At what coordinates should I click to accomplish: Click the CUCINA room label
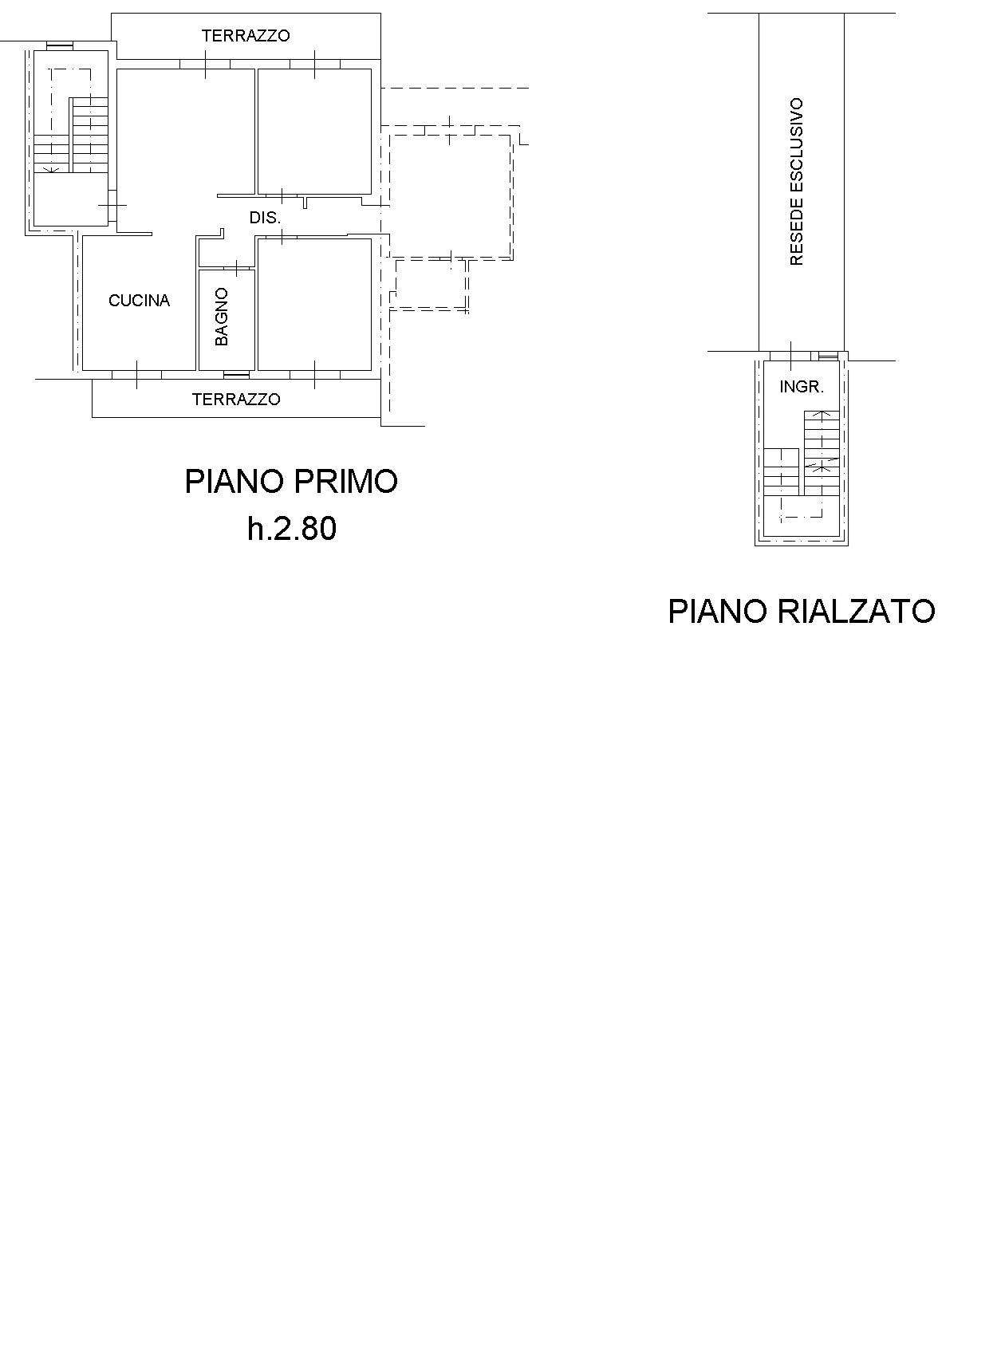(139, 300)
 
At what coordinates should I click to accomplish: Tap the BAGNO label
(222, 317)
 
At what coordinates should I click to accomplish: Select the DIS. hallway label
(265, 217)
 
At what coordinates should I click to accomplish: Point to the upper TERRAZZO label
(246, 36)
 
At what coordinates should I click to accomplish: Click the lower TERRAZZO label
(236, 399)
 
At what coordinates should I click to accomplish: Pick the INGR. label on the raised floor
(802, 386)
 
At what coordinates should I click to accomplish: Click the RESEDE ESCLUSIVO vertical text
(796, 181)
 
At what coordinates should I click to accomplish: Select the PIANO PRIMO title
(291, 481)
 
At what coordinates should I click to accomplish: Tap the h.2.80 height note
(292, 528)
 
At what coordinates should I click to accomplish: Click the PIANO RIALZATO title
(802, 611)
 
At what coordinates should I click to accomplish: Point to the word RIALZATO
(857, 611)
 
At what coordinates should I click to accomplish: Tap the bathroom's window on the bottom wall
(233, 373)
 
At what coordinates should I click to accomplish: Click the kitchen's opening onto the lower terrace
(136, 374)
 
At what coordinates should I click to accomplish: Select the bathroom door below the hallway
(236, 266)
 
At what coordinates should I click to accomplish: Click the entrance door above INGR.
(790, 356)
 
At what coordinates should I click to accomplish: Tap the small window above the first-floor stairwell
(59, 45)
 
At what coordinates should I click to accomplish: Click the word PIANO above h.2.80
(236, 481)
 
